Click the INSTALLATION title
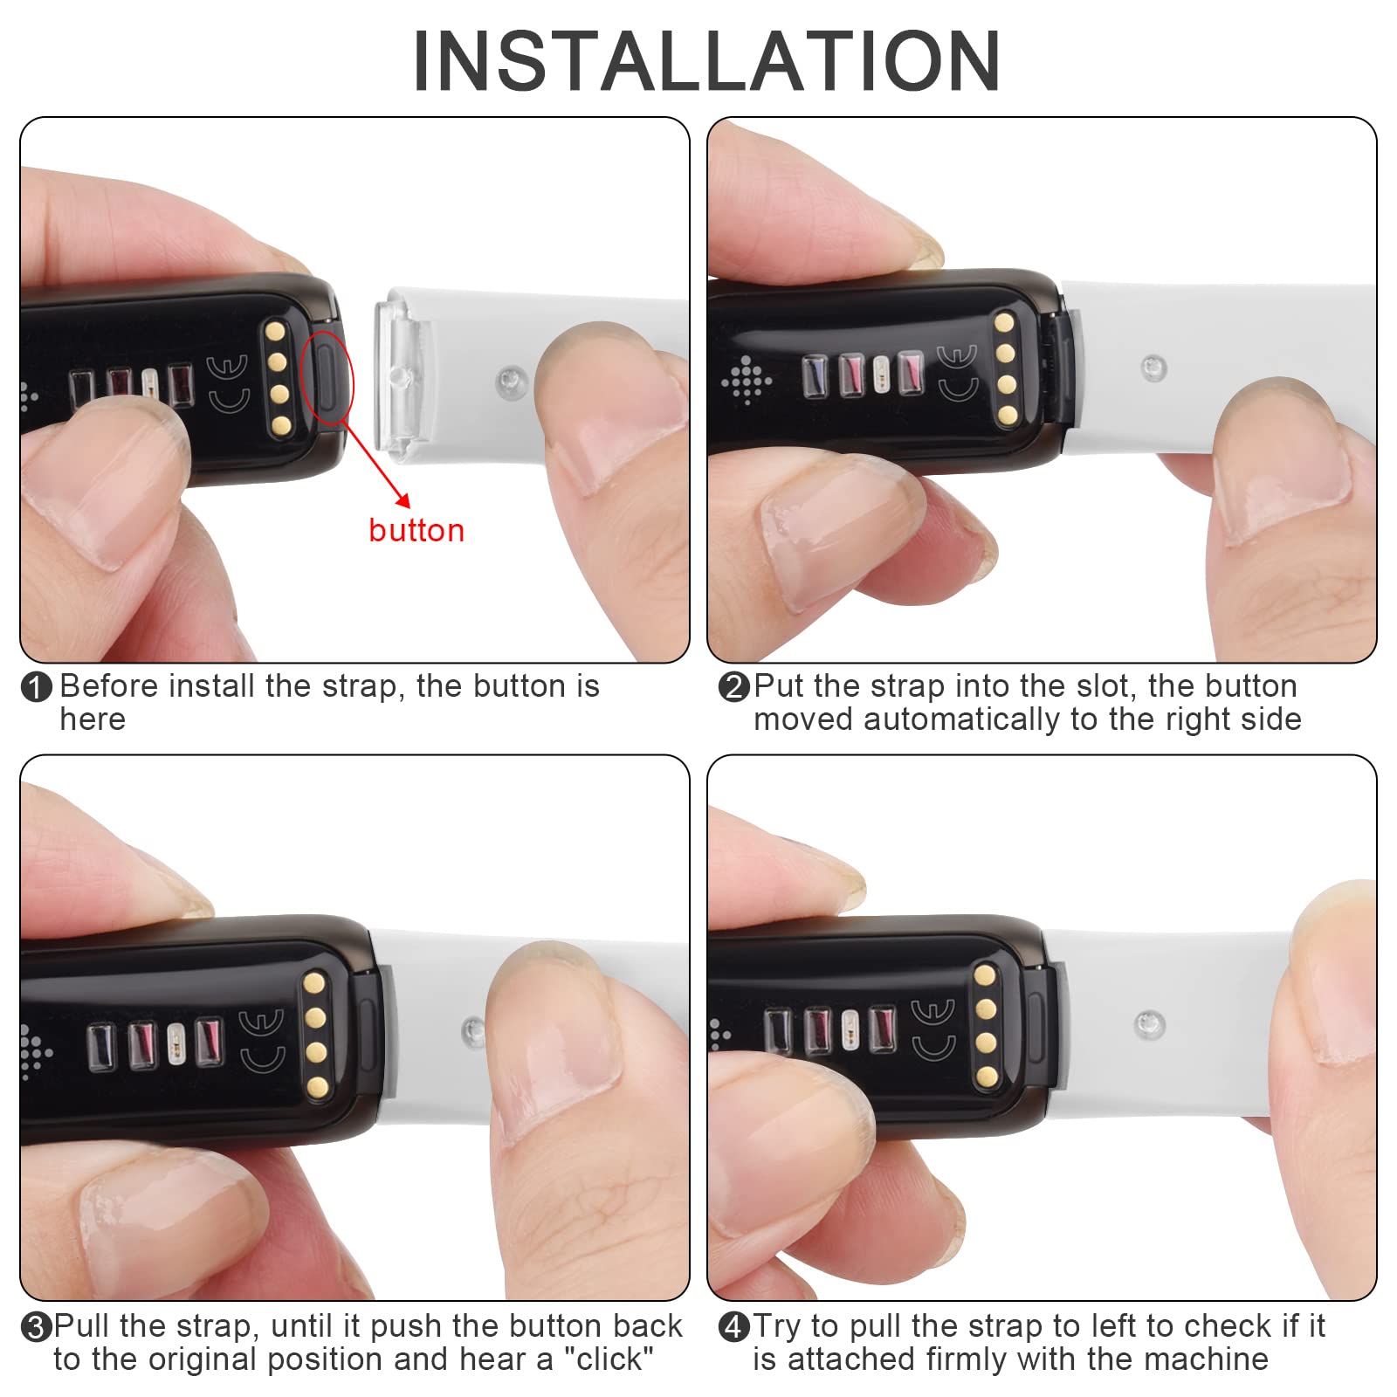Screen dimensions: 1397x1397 [706, 60]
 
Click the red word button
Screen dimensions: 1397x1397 [416, 531]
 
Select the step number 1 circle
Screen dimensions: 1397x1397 [36, 688]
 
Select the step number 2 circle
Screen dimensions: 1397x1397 [733, 687]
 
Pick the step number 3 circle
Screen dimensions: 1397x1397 [36, 1328]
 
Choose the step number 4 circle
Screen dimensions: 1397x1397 [733, 1328]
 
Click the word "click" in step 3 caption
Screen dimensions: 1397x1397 [610, 1359]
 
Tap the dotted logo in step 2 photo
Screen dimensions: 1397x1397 [747, 380]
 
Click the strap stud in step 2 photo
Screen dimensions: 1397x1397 [1153, 368]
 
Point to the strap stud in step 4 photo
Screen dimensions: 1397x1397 [1148, 1024]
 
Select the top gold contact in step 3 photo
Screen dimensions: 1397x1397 [314, 984]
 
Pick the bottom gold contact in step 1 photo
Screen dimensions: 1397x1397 [280, 425]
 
